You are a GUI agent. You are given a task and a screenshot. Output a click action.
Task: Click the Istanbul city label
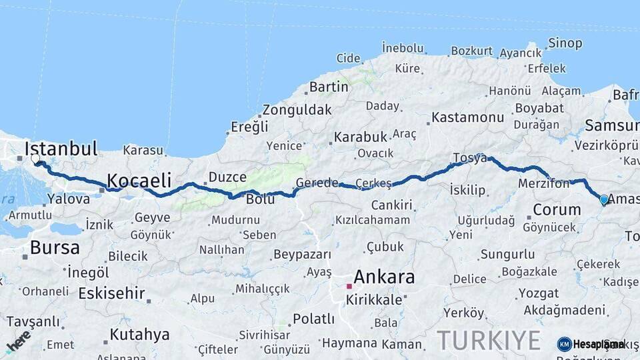61,148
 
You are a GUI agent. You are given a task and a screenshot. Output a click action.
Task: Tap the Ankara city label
384,277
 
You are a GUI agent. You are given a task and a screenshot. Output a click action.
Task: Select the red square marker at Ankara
349,286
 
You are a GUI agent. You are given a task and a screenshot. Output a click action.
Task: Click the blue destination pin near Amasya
604,199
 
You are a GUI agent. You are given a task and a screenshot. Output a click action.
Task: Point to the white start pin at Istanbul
35,159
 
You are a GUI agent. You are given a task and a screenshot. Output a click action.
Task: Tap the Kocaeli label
139,180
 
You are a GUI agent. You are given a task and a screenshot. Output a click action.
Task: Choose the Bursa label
55,248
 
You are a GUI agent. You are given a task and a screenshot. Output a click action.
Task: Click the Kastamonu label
467,117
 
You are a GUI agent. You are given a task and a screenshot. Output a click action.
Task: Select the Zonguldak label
297,110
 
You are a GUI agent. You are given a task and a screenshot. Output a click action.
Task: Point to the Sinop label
565,43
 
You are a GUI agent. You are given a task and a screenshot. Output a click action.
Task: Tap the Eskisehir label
111,293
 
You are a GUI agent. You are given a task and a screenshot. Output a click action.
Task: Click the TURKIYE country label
489,341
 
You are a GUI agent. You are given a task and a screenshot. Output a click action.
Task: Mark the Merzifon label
544,183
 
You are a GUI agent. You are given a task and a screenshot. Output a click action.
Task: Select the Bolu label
260,199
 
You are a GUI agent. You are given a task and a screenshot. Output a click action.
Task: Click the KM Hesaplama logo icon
564,344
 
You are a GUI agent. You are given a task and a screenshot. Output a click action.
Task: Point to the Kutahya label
139,334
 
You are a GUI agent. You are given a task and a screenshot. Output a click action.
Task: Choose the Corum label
557,209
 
